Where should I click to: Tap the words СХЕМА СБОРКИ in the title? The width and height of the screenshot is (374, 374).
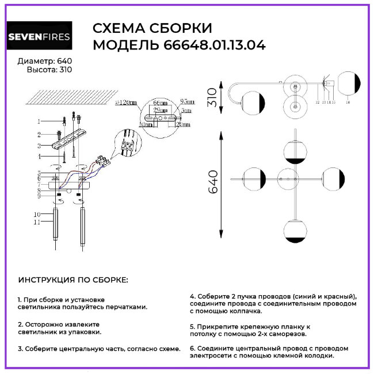(x=152, y=29)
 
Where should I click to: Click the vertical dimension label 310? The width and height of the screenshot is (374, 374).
(x=212, y=97)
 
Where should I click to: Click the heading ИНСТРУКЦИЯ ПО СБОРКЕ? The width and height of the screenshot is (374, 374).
(x=74, y=280)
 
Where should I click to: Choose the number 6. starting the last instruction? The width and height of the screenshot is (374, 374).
(x=193, y=348)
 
